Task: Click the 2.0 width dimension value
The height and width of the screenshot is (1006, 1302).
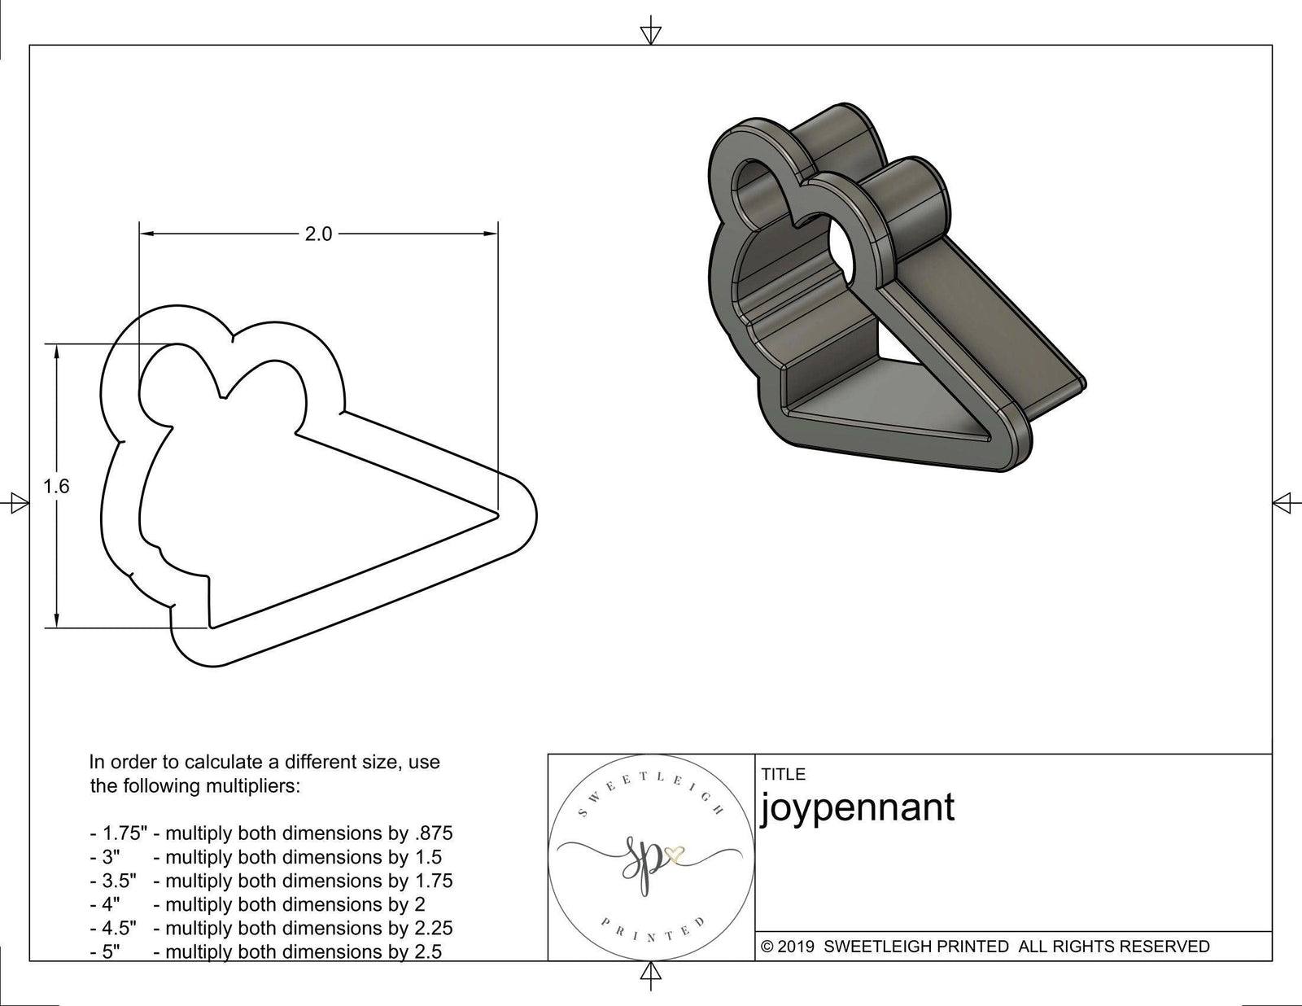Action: (318, 234)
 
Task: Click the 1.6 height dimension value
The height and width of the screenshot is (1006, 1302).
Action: (56, 487)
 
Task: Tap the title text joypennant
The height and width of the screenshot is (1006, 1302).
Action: (857, 807)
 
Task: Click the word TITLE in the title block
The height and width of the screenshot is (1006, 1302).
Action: (783, 774)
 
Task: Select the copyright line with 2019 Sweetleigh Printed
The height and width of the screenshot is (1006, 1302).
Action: (985, 946)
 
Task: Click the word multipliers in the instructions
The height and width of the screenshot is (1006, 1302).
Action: (252, 786)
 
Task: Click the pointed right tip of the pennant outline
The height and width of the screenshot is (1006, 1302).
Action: (498, 513)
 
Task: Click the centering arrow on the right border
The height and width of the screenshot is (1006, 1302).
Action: (1282, 502)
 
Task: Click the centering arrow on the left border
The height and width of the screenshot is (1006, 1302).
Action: (16, 504)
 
